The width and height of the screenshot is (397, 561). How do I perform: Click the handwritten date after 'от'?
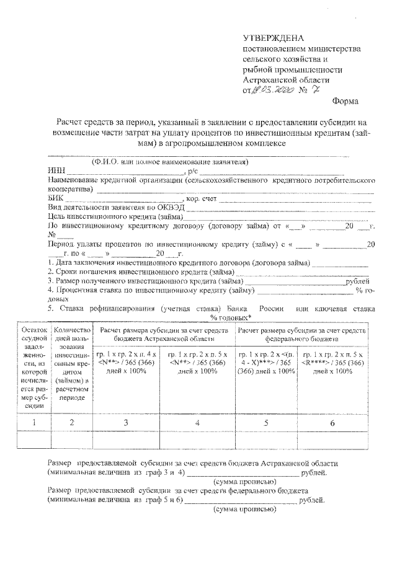click(272, 90)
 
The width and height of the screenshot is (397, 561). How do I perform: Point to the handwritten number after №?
click(318, 90)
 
